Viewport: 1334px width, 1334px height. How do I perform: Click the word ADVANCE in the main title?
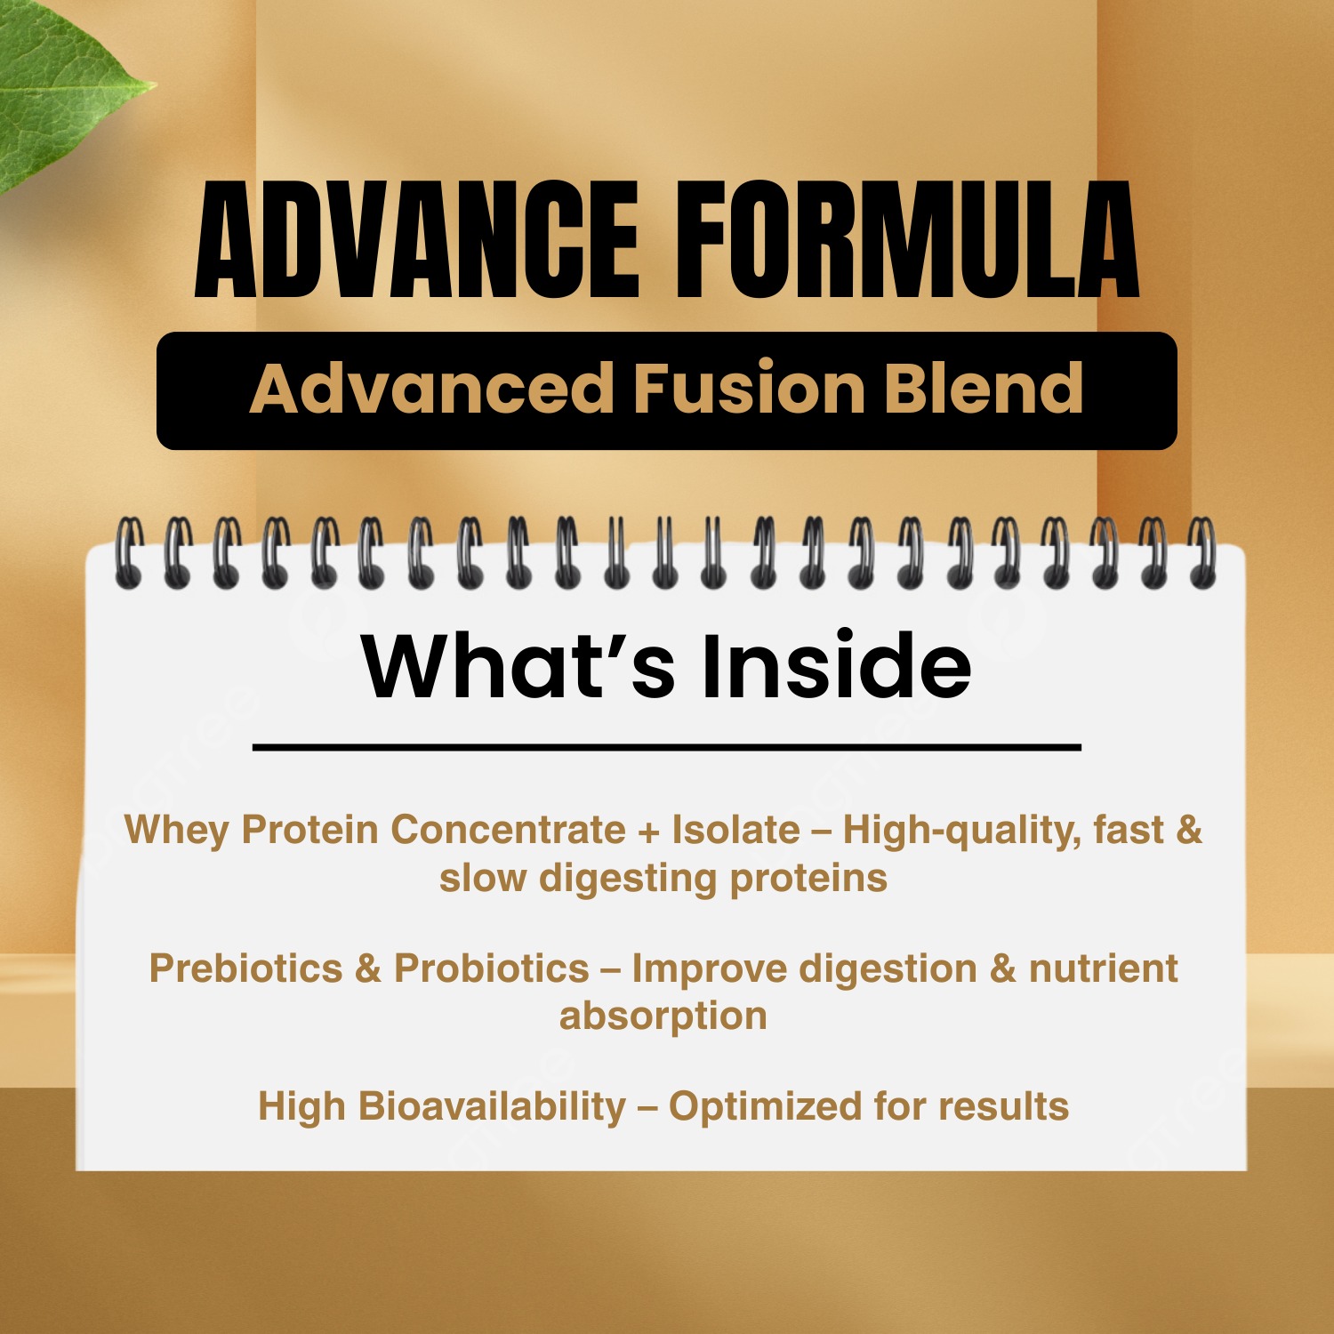click(x=417, y=239)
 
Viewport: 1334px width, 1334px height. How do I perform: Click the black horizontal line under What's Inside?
click(x=667, y=748)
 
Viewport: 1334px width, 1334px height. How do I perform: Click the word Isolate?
click(x=735, y=830)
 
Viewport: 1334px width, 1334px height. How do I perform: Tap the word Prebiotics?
click(x=245, y=968)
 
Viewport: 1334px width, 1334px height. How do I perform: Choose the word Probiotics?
click(x=492, y=968)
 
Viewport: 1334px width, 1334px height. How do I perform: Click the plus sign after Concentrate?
click(x=649, y=832)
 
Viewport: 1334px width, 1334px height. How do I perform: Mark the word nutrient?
click(x=1104, y=968)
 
